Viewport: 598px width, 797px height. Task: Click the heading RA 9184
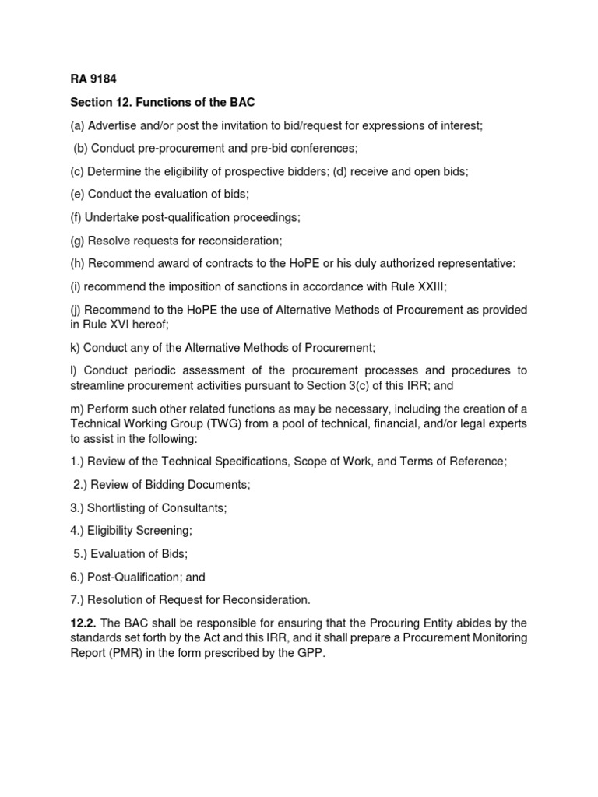(92, 79)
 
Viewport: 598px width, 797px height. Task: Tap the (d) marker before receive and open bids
(340, 171)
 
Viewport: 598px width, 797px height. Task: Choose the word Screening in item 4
(163, 530)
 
